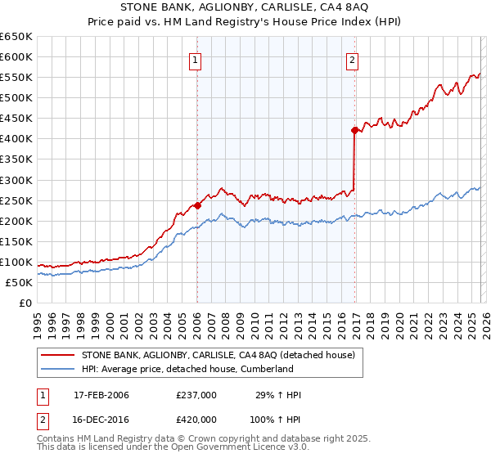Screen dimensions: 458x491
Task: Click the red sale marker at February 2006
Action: click(197, 205)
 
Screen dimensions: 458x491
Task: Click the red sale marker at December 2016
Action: click(354, 130)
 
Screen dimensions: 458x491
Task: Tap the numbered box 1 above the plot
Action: click(197, 59)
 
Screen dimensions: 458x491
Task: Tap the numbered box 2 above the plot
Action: click(352, 59)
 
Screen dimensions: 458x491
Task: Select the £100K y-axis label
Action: click(16, 262)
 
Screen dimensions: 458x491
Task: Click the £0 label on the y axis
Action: click(25, 303)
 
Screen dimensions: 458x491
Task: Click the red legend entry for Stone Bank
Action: click(217, 355)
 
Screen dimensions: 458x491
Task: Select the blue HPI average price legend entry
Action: click(187, 369)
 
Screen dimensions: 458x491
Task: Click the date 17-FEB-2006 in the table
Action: click(101, 395)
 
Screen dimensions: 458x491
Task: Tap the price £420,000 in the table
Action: click(196, 418)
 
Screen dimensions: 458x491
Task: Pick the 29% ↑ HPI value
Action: click(277, 395)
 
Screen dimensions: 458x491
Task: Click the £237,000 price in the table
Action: click(196, 395)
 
